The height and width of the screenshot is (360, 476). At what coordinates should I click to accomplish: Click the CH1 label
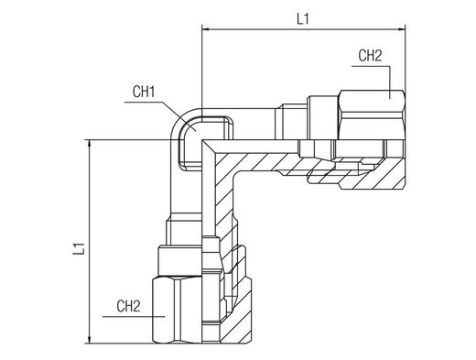(x=144, y=92)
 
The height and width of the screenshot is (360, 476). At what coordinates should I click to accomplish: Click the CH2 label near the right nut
(x=370, y=56)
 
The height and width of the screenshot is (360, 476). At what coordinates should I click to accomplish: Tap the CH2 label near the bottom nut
(x=128, y=306)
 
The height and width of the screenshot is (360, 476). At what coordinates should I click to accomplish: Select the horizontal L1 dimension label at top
(x=303, y=19)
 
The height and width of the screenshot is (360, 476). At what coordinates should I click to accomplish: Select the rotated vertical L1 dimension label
(x=79, y=249)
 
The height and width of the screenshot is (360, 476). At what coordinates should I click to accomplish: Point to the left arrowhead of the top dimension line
(x=206, y=29)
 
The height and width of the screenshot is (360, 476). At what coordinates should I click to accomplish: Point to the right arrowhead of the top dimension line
(x=401, y=29)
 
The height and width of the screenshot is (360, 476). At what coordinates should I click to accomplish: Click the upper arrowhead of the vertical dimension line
(x=89, y=144)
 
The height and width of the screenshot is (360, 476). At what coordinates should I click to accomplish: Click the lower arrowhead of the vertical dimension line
(x=89, y=340)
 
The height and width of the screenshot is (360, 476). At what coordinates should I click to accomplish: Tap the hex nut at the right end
(x=372, y=115)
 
